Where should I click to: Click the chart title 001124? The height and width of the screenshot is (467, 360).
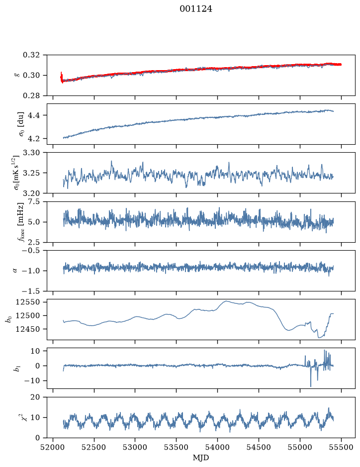click(196, 9)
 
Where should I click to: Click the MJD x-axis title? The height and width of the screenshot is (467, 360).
click(201, 458)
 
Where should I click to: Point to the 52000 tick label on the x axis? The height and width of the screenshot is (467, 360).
click(53, 447)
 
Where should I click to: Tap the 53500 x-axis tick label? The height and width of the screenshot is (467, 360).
click(177, 447)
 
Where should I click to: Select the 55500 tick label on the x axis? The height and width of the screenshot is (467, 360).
click(341, 447)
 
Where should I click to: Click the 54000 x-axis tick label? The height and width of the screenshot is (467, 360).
click(217, 447)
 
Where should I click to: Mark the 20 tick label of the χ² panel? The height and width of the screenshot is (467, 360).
click(35, 397)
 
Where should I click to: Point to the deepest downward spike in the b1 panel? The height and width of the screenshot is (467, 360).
click(311, 386)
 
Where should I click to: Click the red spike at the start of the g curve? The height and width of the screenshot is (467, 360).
click(61, 77)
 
